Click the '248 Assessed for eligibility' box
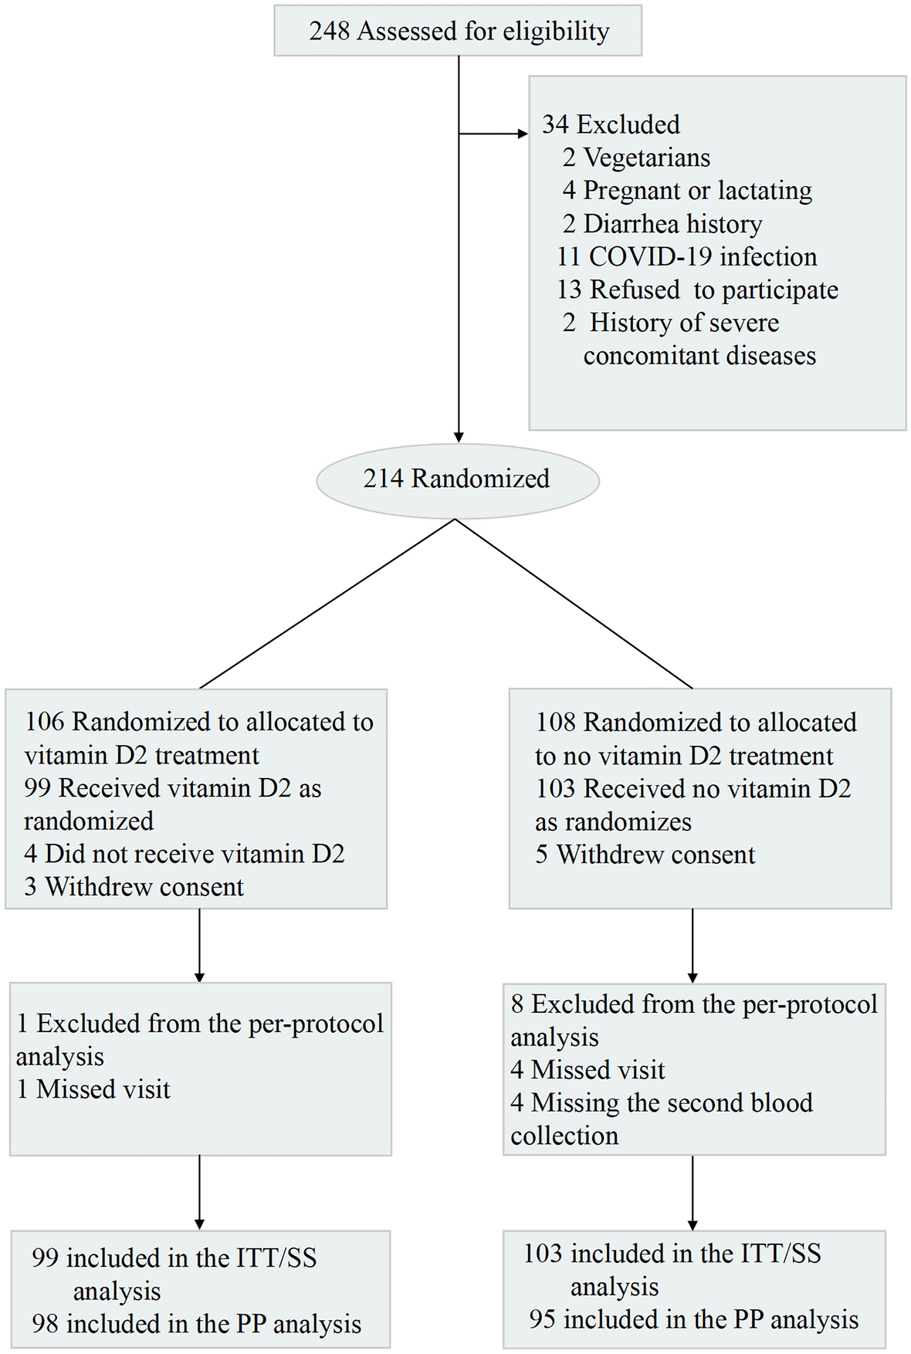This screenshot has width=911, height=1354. tap(458, 32)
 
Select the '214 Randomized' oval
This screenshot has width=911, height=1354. tap(457, 479)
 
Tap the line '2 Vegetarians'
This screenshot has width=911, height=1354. tap(635, 157)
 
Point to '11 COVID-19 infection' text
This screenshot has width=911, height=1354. tap(686, 256)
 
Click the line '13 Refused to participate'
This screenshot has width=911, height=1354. tap(697, 289)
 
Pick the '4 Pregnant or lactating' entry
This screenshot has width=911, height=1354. tap(686, 191)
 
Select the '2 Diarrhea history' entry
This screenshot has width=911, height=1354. tap(662, 224)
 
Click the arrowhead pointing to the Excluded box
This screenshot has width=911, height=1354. tap(523, 134)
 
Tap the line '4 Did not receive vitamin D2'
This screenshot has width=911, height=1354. tap(184, 854)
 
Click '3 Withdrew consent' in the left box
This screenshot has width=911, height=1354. tap(134, 887)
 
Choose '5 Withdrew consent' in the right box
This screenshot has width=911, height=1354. tap(645, 855)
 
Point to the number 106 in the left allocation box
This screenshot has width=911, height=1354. tap(45, 722)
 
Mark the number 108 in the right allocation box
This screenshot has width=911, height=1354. tap(556, 723)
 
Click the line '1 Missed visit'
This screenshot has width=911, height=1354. tap(93, 1089)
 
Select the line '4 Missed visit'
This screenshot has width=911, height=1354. tap(588, 1070)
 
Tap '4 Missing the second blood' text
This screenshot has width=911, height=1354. tap(662, 1102)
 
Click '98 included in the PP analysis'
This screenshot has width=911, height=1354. tap(196, 1324)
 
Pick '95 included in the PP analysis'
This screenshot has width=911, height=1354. tap(693, 1319)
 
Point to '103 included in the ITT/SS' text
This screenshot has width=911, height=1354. tap(672, 1254)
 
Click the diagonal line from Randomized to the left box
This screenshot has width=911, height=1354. tap(327, 603)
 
